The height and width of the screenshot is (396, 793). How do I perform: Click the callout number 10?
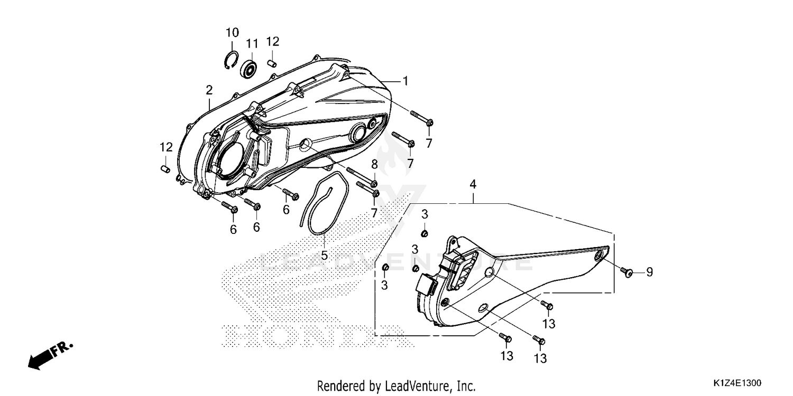tap(232, 33)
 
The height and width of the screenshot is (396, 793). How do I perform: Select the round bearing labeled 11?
tap(248, 69)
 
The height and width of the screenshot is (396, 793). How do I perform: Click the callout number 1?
tap(405, 81)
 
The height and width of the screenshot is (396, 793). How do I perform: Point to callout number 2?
tap(209, 90)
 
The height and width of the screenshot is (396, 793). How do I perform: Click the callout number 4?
tap(473, 184)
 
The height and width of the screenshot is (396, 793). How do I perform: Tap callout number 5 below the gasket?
tap(324, 255)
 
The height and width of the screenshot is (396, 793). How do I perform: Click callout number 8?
tap(374, 164)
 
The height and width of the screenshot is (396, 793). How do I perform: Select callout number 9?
tap(649, 272)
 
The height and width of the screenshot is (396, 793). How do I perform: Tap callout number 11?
tap(252, 44)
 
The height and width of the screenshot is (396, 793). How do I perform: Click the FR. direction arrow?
tap(50, 356)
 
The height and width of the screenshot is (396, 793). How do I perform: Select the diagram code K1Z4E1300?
tap(737, 383)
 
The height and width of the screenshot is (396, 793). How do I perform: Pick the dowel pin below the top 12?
tap(272, 63)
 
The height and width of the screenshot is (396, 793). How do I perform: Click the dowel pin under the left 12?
tap(165, 169)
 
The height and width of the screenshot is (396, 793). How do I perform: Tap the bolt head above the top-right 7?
tap(429, 123)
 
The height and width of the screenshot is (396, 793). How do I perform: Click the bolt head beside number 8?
tap(374, 184)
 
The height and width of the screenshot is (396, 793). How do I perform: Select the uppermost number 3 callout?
tap(425, 214)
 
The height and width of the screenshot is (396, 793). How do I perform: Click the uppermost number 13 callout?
tap(549, 324)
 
